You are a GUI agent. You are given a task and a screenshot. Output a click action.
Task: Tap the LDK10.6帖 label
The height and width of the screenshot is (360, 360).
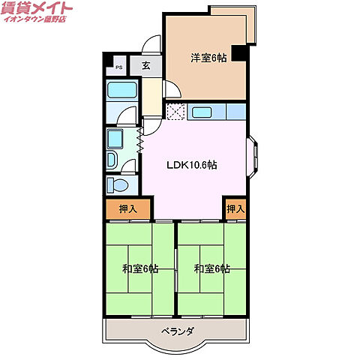pyautogui.click(x=192, y=165)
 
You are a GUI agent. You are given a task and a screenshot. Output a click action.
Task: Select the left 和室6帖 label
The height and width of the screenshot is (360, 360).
pyautogui.click(x=139, y=268)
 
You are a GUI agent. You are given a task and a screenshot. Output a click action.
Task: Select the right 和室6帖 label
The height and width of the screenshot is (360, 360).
pyautogui.click(x=211, y=268)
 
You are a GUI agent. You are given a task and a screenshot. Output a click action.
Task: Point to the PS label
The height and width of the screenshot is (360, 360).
pyautogui.click(x=118, y=67)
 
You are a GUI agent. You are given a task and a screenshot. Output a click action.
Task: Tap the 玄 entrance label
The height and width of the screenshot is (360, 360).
pyautogui.click(x=146, y=65)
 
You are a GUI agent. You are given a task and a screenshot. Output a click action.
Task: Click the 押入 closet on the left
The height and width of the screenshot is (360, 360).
pyautogui.click(x=127, y=209)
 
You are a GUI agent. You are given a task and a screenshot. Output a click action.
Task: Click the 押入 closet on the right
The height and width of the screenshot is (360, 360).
pyautogui.click(x=235, y=209)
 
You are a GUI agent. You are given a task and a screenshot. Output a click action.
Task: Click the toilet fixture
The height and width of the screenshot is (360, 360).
pyautogui.click(x=118, y=184)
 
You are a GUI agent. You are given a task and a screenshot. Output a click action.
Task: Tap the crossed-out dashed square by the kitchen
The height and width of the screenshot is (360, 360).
pyautogui.click(x=175, y=112)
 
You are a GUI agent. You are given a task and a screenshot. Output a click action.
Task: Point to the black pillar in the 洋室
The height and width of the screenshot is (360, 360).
pyautogui.click(x=238, y=53)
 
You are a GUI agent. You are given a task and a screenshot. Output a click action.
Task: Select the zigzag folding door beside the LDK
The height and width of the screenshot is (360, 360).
pyautogui.click(x=140, y=140)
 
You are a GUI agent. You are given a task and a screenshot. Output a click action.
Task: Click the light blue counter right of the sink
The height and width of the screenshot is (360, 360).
pyautogui.click(x=235, y=112)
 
